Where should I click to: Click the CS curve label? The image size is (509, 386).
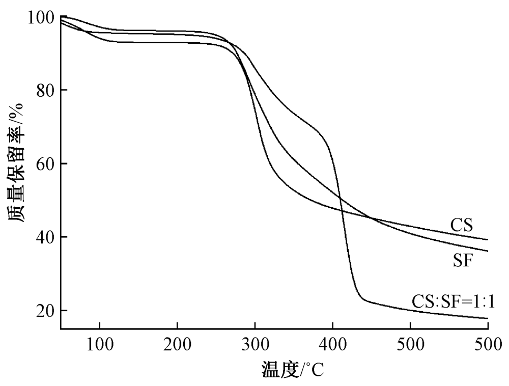point(462,225)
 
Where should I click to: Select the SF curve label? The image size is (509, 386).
point(463,261)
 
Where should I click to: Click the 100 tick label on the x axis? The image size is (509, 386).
point(100,342)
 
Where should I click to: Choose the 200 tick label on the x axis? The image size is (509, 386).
point(178,342)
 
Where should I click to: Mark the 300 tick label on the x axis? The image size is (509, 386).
point(255,342)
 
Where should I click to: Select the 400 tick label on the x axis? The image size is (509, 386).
point(333,342)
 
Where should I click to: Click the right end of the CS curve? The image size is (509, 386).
point(488,239)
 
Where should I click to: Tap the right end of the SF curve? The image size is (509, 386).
point(488,251)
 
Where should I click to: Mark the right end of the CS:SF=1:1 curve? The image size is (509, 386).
point(488,318)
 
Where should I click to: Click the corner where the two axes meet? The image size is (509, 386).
point(61,328)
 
